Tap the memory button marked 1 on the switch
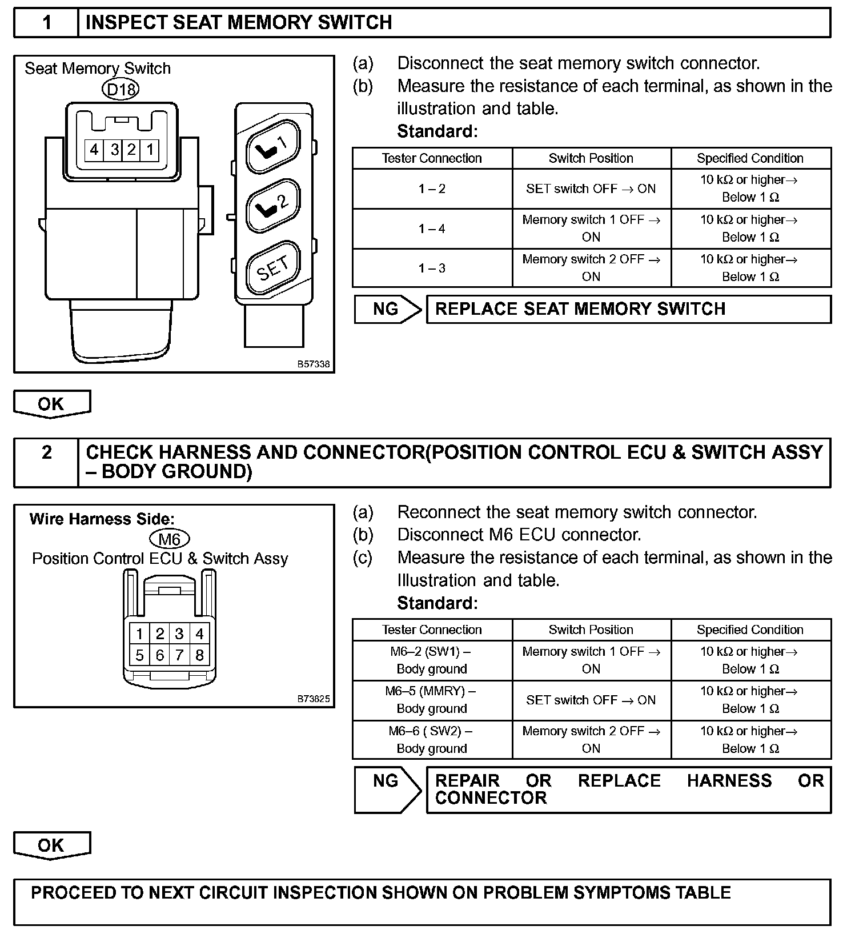point(273,146)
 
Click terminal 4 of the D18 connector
point(94,150)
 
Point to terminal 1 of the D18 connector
point(150,150)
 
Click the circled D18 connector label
point(121,89)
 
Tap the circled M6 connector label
point(169,539)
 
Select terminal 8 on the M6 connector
point(199,655)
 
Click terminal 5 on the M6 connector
point(139,655)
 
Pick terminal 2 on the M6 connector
point(159,634)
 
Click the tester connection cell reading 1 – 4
point(432,229)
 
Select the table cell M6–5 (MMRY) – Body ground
point(432,700)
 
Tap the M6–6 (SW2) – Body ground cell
point(432,740)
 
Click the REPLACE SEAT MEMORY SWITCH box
point(628,309)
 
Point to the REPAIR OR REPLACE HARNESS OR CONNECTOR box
point(628,789)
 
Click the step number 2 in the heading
point(46,453)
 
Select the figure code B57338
point(314,364)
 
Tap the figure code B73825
point(314,699)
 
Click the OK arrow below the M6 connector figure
point(51,845)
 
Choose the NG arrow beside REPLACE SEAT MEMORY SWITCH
point(387,309)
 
